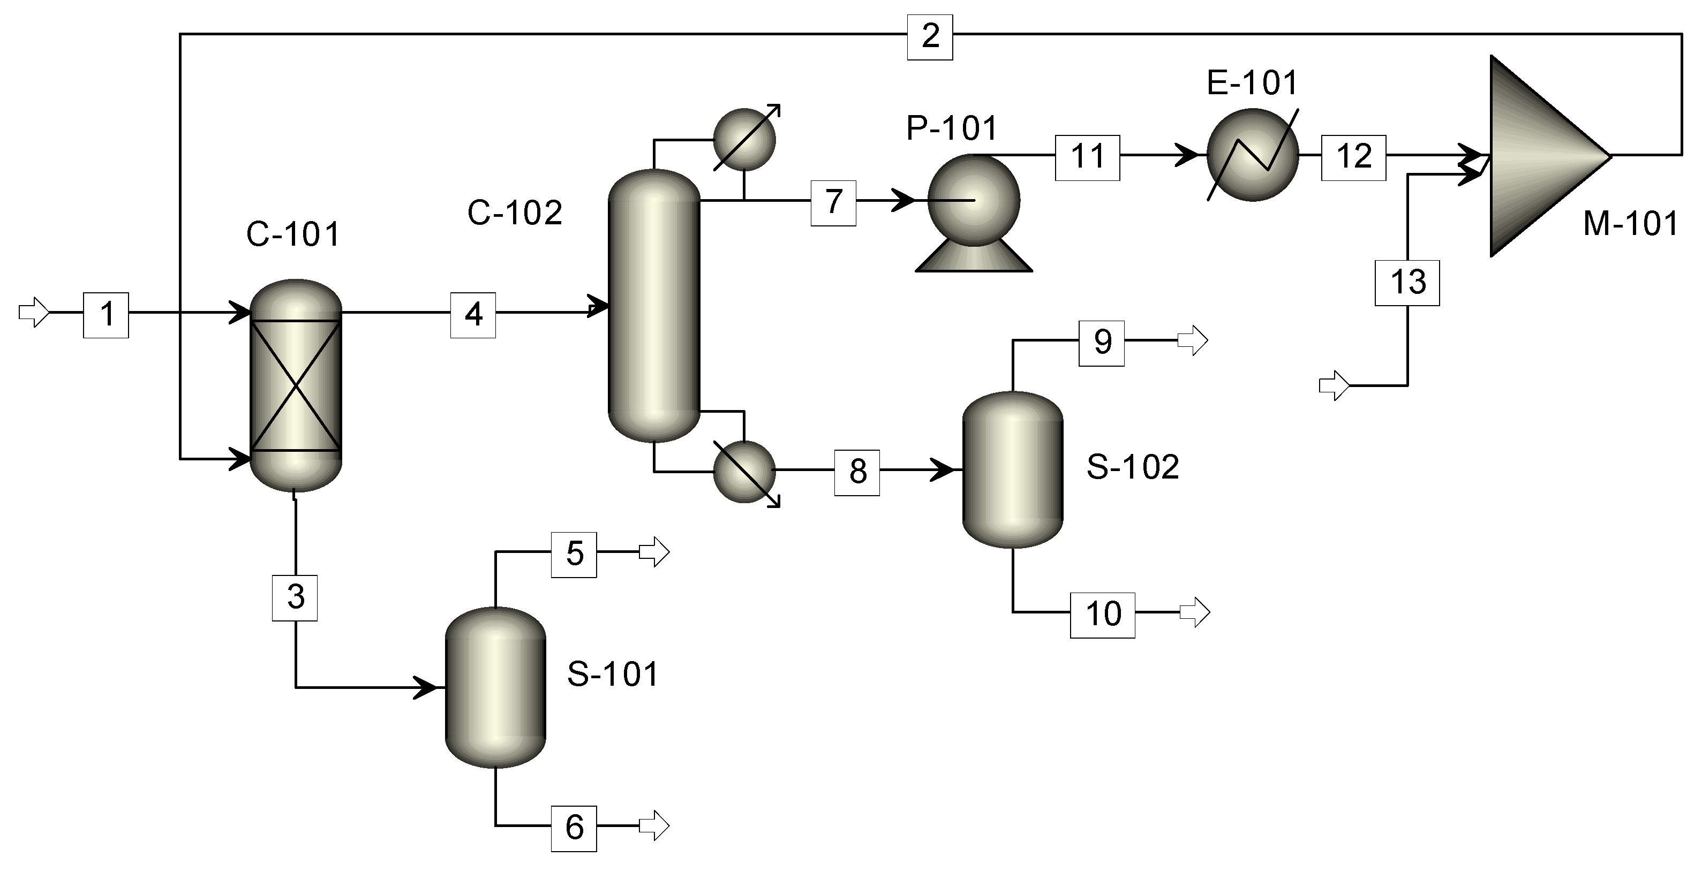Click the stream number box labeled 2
[930, 37]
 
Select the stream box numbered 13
[1407, 283]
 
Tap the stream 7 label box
[833, 203]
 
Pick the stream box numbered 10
[1102, 615]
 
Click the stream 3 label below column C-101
[295, 598]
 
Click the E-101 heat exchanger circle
[1252, 155]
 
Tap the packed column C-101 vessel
[295, 386]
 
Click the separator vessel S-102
[1012, 469]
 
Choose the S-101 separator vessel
[495, 686]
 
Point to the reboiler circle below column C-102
[744, 472]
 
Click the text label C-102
[515, 213]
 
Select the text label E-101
[1252, 83]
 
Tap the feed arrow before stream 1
[34, 313]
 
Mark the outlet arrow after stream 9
[1193, 341]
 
